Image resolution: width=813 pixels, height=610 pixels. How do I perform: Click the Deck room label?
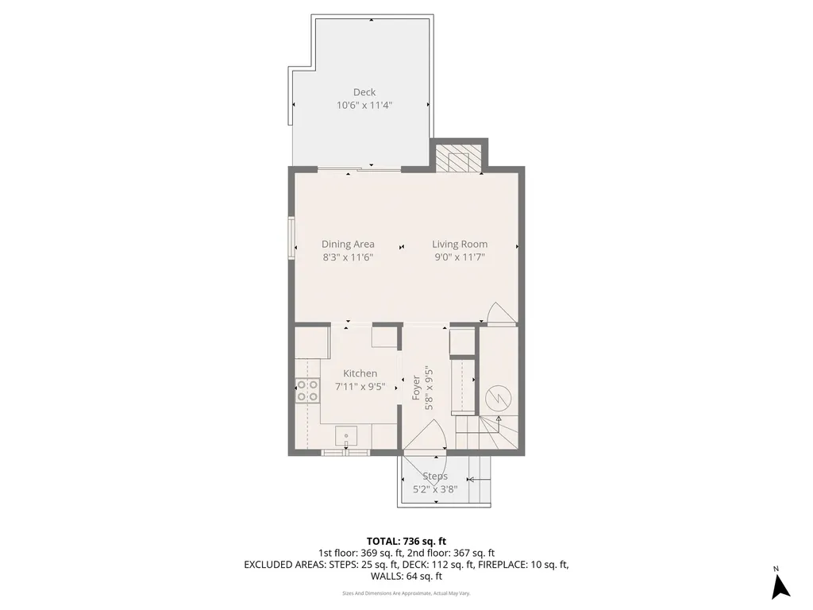pos(364,92)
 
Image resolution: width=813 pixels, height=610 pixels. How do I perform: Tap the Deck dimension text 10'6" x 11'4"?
pos(364,105)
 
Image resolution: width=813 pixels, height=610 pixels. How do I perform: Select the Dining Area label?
pos(348,244)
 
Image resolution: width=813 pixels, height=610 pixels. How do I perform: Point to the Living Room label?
pos(460,244)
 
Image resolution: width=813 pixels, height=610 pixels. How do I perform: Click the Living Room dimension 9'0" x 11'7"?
pos(460,257)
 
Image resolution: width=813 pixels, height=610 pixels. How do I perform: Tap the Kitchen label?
pos(360,373)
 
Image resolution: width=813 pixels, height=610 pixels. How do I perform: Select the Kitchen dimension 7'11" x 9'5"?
pos(360,386)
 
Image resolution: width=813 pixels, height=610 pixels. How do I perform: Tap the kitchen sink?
pos(347,436)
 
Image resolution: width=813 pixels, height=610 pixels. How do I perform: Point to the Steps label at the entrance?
pos(434,477)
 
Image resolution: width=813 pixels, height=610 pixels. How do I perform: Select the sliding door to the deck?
pos(360,168)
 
